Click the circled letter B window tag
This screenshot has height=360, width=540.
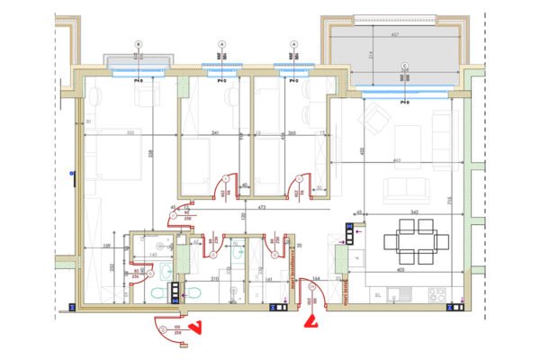138,44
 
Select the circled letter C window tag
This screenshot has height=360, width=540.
405,66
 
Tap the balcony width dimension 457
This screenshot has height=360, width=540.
394,35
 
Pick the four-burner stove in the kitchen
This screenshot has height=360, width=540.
437,294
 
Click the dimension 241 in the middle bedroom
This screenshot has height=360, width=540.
215,133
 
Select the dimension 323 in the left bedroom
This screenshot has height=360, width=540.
130,133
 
